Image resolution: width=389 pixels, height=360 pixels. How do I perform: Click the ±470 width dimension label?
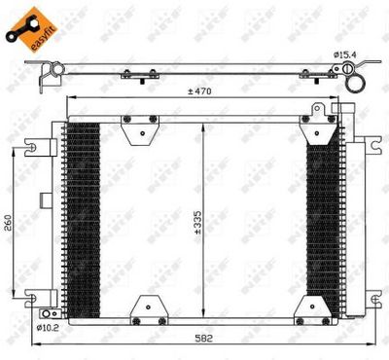(x=201, y=92)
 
